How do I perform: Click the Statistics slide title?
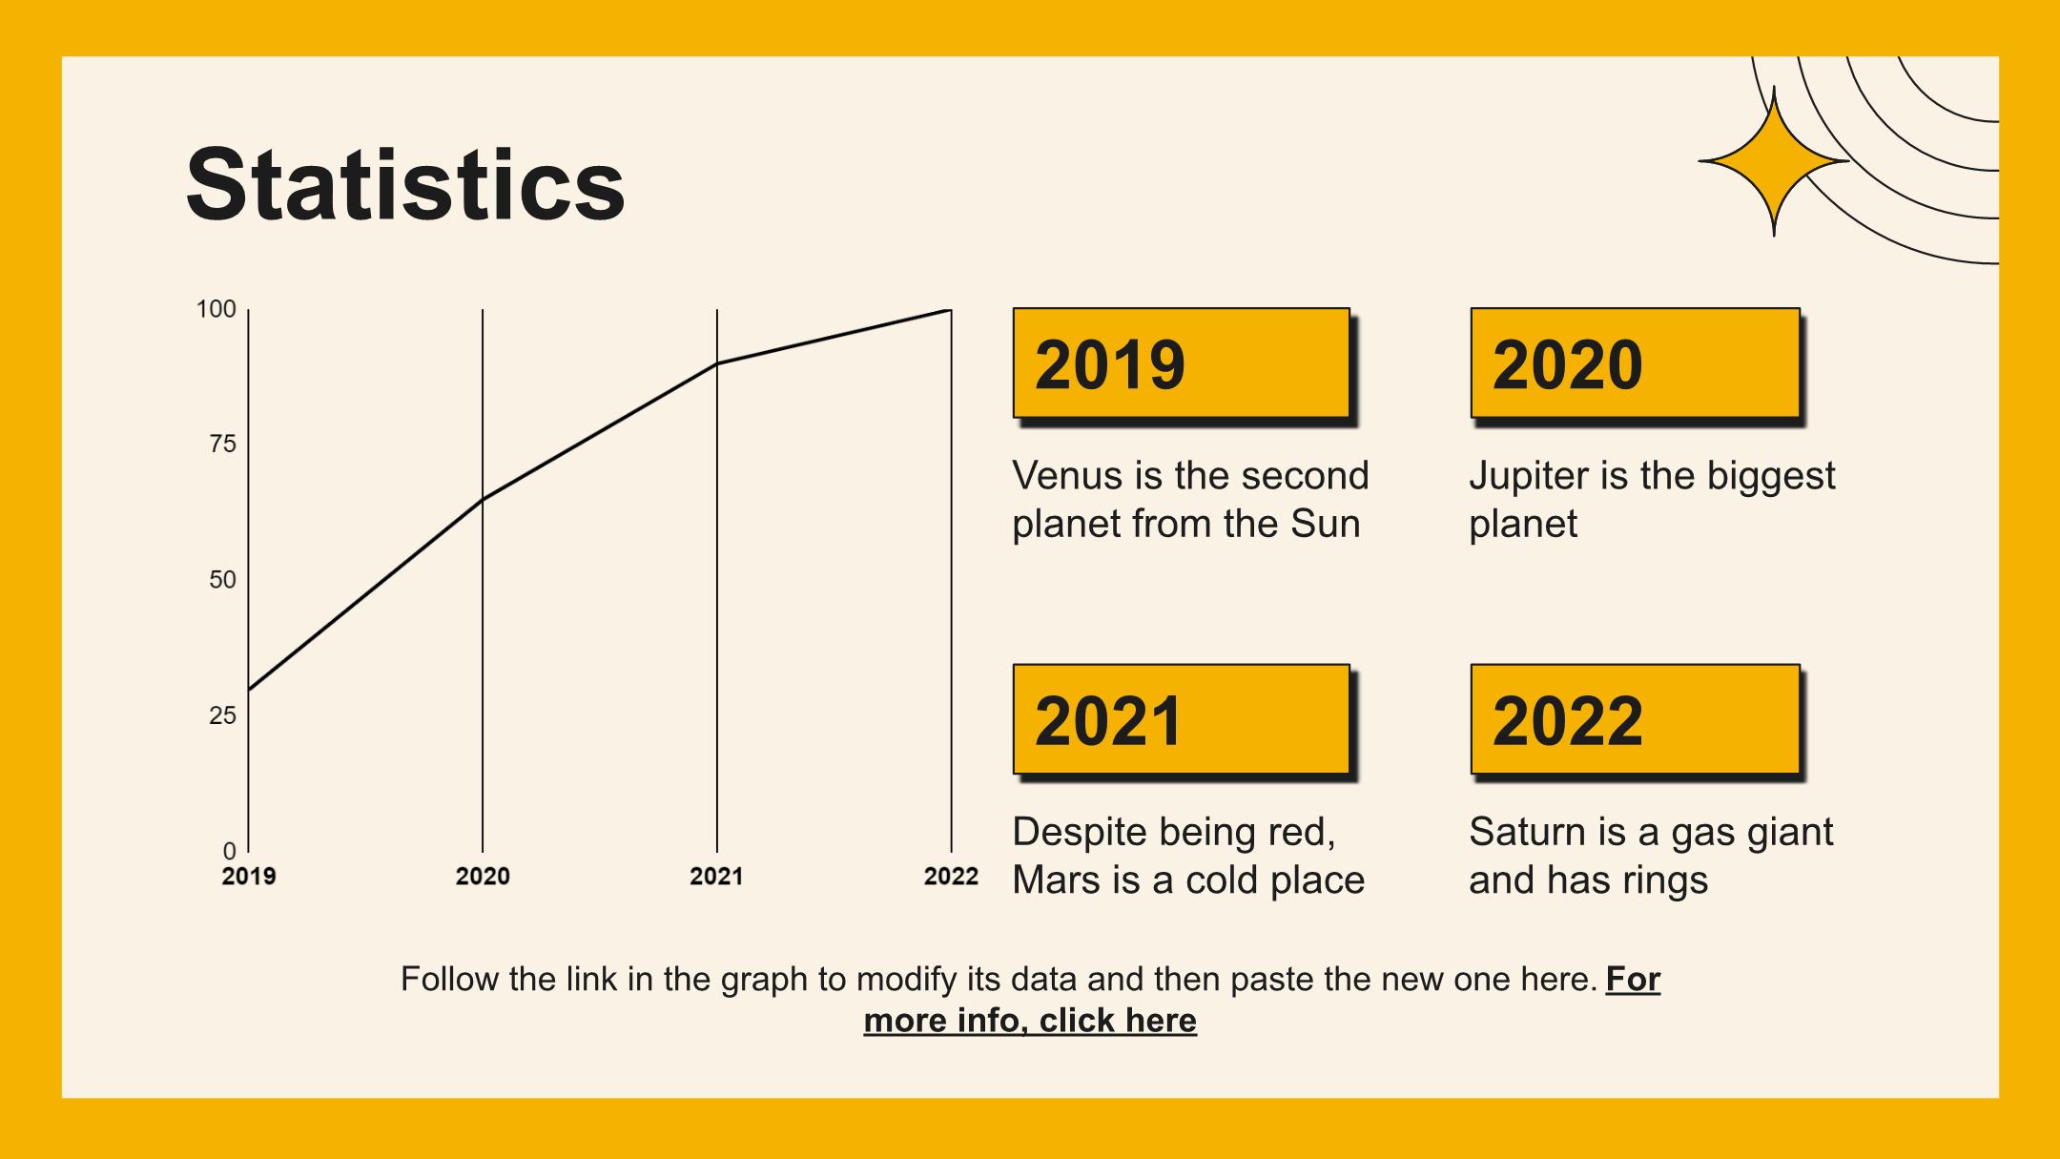pos(405,184)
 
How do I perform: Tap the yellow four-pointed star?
pos(1774,161)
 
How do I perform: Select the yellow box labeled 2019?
pos(1182,362)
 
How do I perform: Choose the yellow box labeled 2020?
pos(1635,362)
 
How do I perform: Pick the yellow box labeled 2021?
pos(1182,718)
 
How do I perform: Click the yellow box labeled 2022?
pos(1635,718)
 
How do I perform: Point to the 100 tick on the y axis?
pos(216,309)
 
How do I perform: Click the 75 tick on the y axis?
pos(222,445)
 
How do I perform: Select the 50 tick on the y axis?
pos(222,580)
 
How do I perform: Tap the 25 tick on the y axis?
pos(222,715)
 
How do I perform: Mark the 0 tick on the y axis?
pos(229,850)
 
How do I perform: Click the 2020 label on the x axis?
pos(483,876)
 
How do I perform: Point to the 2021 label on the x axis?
pos(716,876)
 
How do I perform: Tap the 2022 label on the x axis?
pos(951,876)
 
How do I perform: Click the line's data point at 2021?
pos(717,363)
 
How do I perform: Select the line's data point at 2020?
pos(483,499)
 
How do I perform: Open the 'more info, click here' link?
pos(1030,1021)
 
